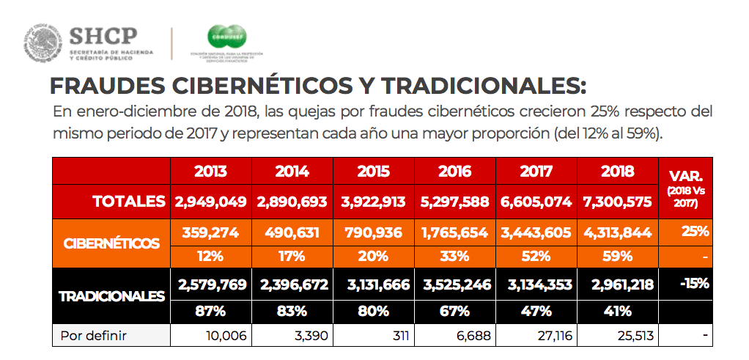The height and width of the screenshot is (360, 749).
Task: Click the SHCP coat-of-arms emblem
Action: pos(43,43)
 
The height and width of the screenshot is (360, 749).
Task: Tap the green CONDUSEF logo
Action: pos(226,37)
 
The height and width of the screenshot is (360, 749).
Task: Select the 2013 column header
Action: pos(210,172)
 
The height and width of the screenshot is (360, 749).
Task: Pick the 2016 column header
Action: pos(454,172)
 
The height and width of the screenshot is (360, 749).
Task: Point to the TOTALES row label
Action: pos(129,201)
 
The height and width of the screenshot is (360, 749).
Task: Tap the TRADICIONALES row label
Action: pos(111,297)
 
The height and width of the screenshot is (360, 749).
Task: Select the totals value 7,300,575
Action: pos(617,202)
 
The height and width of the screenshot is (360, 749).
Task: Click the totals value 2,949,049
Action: pos(210,202)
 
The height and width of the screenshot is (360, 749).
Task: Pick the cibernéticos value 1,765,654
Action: pos(454,232)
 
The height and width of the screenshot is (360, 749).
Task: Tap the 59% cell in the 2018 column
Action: pos(617,257)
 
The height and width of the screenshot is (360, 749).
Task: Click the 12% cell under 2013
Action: pos(210,257)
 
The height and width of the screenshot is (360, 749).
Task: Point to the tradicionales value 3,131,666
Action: pos(373,285)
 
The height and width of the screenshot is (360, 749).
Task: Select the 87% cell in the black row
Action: pos(210,311)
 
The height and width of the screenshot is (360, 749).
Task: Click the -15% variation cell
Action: pos(693,284)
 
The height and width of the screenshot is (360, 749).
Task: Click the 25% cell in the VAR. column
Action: pos(695,232)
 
